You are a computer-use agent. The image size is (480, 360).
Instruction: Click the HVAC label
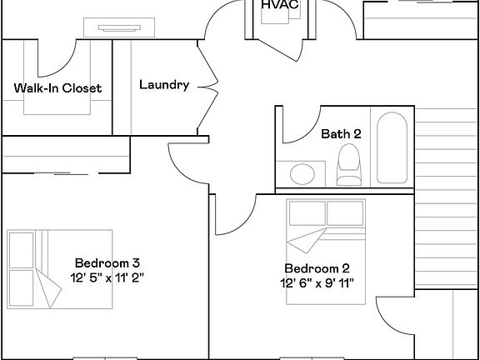(x=280, y=5)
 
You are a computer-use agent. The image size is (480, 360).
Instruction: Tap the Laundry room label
(x=164, y=85)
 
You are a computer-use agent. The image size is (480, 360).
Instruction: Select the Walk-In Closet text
(x=57, y=88)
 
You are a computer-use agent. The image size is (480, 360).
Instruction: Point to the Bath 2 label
(x=341, y=134)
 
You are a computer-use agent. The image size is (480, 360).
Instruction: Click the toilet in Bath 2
(x=349, y=165)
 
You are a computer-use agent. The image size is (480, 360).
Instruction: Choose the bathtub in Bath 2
(x=392, y=147)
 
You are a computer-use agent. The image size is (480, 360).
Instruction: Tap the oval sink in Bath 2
(x=302, y=174)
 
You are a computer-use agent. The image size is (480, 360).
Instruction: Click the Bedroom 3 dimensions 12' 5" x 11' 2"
(x=107, y=277)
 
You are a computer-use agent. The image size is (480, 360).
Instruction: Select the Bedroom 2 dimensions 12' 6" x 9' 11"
(x=317, y=283)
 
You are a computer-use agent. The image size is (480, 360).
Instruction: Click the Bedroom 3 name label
(x=107, y=263)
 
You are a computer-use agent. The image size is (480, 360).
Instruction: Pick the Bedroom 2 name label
(x=317, y=268)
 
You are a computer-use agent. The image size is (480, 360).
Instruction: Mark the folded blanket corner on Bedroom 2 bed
(x=306, y=240)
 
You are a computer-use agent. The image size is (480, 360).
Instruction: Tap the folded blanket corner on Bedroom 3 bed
(x=48, y=288)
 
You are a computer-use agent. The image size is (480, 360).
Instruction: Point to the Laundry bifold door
(x=208, y=87)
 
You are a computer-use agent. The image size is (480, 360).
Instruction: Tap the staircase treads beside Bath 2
(x=447, y=198)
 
